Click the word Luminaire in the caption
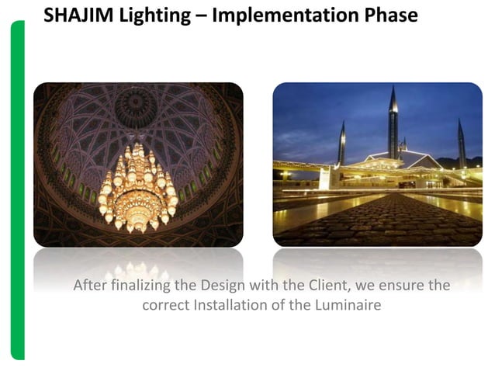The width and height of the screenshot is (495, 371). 346,305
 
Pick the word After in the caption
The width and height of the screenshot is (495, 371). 90,286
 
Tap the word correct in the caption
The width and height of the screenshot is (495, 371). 165,305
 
